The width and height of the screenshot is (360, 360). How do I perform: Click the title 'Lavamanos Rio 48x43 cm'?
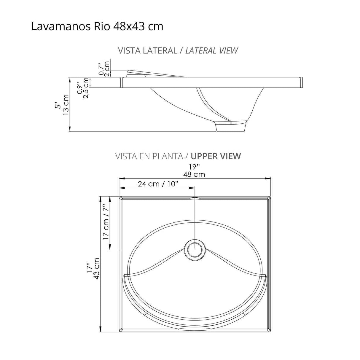[x=97, y=26]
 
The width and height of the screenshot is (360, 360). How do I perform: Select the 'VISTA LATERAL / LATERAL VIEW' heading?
[x=178, y=50]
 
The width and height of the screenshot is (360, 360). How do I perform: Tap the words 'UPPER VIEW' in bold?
[x=216, y=156]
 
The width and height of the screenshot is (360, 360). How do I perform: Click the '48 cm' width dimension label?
[x=194, y=174]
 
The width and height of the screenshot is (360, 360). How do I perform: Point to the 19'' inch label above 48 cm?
[x=195, y=167]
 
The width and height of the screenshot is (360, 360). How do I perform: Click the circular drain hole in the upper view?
[x=195, y=249]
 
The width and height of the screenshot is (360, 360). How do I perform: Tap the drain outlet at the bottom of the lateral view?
[x=231, y=126]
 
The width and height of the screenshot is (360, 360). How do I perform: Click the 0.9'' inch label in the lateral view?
[x=79, y=88]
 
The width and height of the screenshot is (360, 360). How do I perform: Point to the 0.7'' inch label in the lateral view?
[x=101, y=69]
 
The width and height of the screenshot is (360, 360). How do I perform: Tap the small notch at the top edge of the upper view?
[x=195, y=198]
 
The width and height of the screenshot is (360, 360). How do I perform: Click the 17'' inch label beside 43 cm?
[x=88, y=268]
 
